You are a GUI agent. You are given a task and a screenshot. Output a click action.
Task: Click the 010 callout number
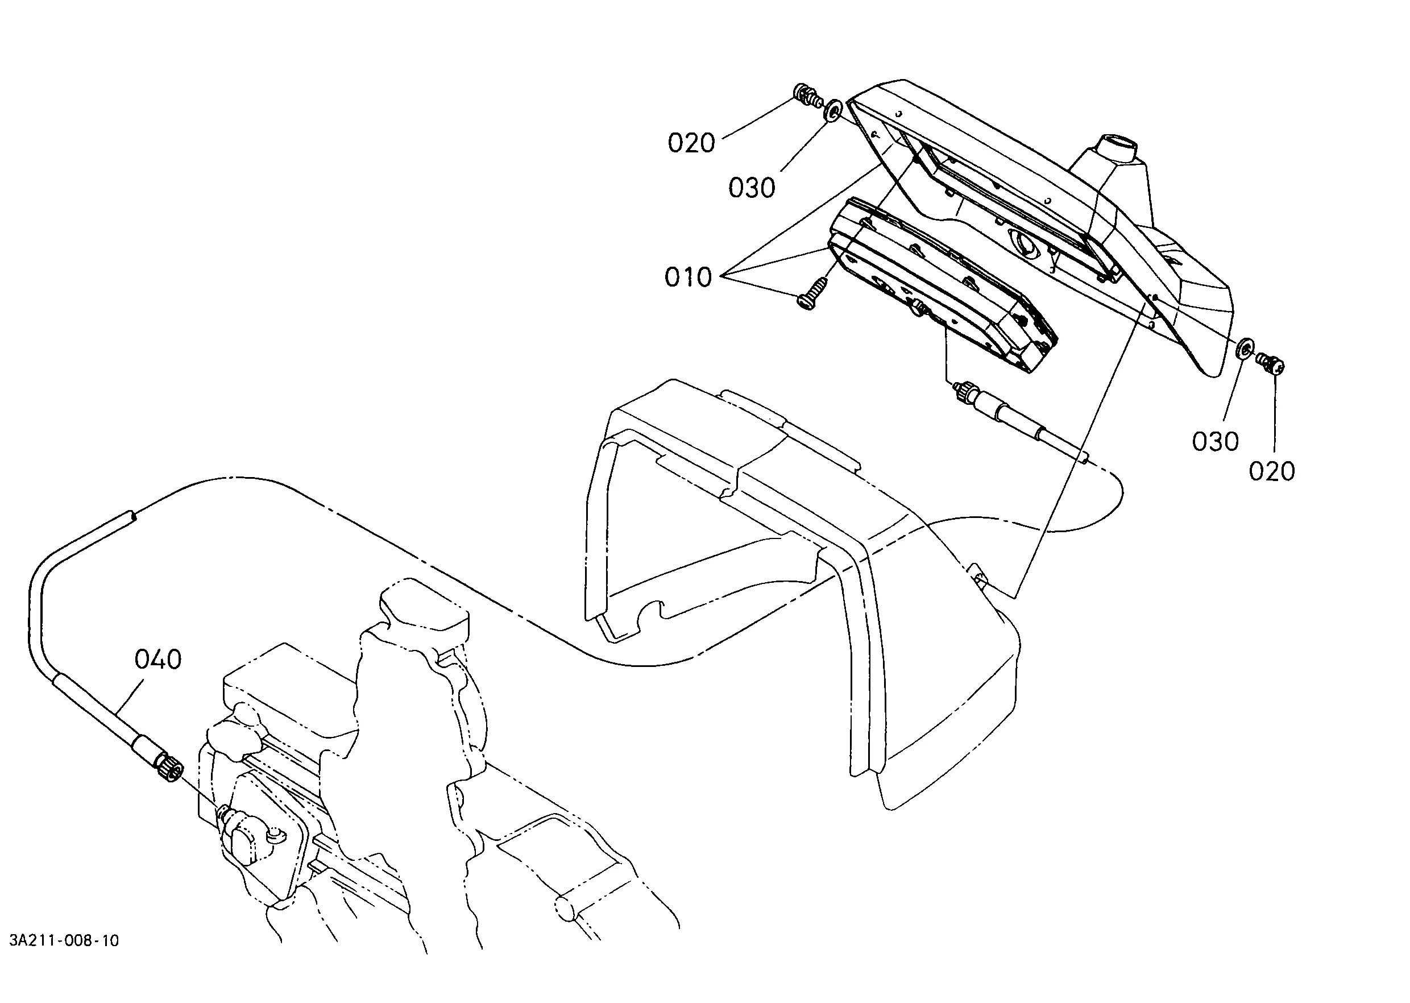pos(688,277)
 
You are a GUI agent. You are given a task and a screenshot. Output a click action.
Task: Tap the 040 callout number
pos(158,660)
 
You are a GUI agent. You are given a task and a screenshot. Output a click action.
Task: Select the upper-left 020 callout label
pos(691,143)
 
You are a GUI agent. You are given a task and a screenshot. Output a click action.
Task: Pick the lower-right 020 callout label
pos(1272,471)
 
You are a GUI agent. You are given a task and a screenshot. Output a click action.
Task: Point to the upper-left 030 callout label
pos(752,188)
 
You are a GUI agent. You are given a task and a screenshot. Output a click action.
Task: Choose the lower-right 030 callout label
pos(1216,442)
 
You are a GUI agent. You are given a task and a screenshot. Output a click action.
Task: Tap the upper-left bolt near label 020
pos(806,94)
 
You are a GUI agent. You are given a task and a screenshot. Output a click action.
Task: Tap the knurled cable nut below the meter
pos(965,392)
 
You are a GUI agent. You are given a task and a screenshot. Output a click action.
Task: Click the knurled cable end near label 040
pos(170,769)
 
